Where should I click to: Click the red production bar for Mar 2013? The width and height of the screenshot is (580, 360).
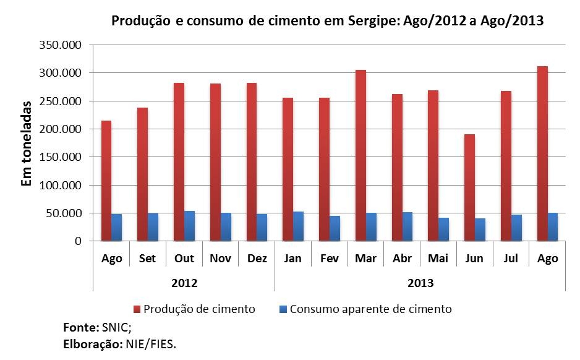360,155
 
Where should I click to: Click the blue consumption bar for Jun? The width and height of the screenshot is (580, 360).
480,229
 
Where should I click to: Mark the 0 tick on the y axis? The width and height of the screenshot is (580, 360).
78,241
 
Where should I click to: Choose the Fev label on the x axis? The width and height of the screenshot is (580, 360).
329,259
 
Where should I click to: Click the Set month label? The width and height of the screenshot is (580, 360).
148,259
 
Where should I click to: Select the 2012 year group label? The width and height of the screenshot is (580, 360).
184,283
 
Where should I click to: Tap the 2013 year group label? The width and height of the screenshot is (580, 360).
420,283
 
